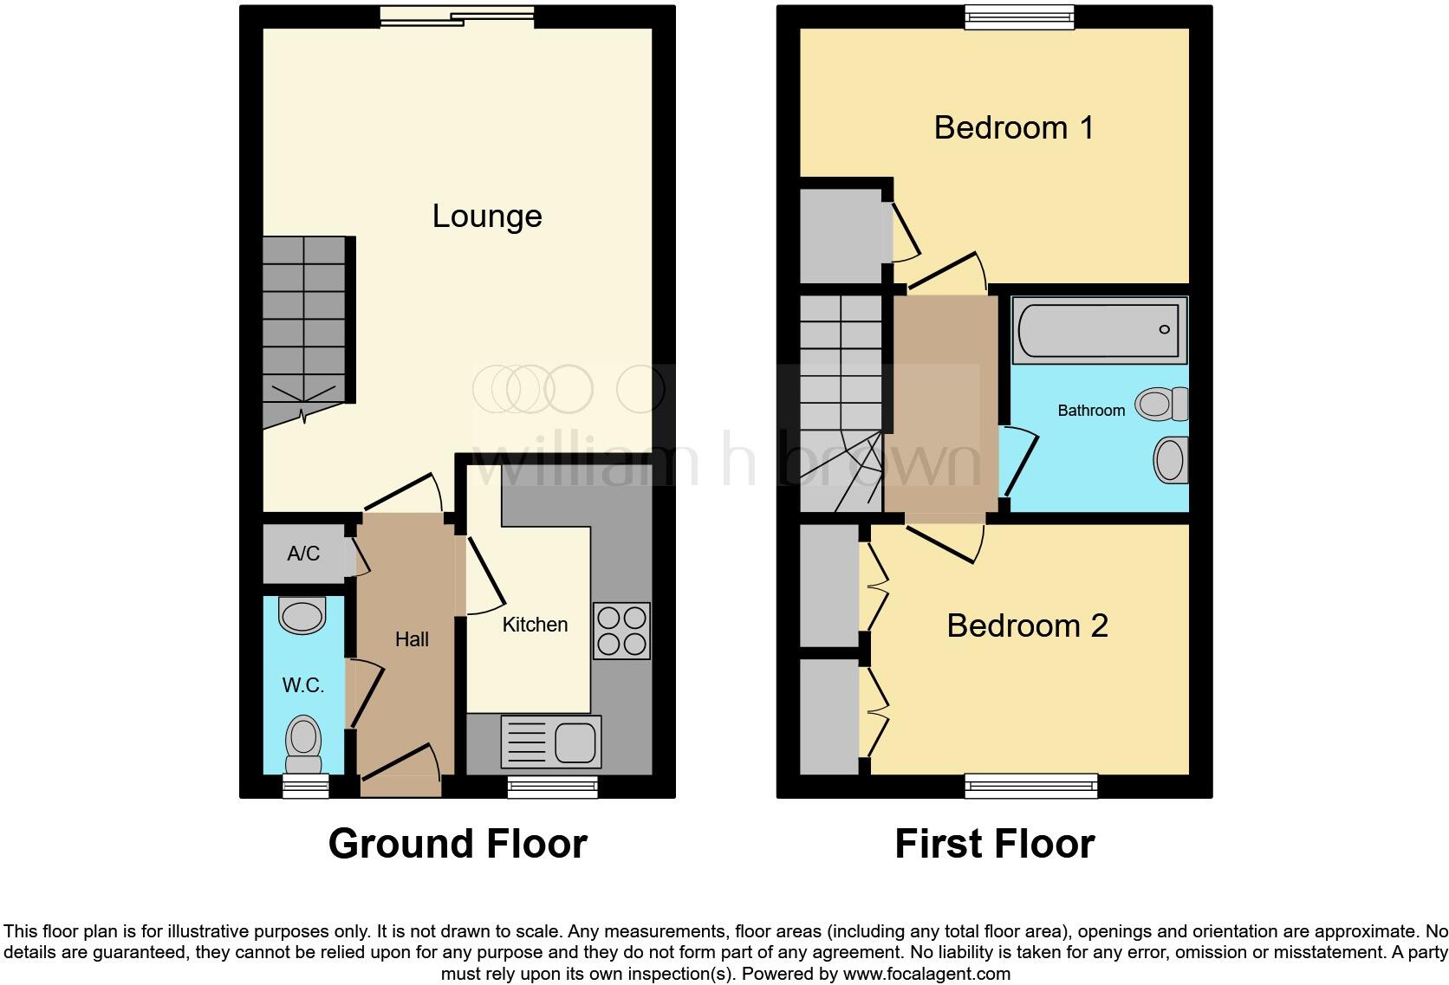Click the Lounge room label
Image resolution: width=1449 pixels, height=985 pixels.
point(487,216)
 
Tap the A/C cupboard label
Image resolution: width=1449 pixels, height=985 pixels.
point(303,554)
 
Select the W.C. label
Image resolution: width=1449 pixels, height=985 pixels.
point(302,685)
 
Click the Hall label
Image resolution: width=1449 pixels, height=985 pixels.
point(412,639)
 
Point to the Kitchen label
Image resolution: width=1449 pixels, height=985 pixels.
point(535,625)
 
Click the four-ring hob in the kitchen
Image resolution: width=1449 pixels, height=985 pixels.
point(621,631)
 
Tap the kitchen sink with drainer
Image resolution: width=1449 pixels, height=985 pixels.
point(551,742)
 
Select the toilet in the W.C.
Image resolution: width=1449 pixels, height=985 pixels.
point(303,744)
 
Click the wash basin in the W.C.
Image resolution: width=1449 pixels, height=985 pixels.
point(302,617)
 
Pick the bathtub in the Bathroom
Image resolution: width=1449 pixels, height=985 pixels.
point(1099,330)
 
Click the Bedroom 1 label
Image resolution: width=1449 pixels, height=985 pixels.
point(1013,128)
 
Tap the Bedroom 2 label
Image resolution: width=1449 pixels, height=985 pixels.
point(1027,625)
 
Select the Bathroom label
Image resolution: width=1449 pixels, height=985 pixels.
point(1091,411)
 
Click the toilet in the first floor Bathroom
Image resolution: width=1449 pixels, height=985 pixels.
point(1163,404)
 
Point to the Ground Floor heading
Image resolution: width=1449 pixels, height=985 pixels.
point(458,844)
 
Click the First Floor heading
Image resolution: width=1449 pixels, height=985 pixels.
point(994,844)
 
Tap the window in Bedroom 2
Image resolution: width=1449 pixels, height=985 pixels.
point(1031,787)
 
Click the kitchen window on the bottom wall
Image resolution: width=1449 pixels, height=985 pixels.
point(552,787)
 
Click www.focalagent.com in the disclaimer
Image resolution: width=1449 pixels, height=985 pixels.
point(926,974)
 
